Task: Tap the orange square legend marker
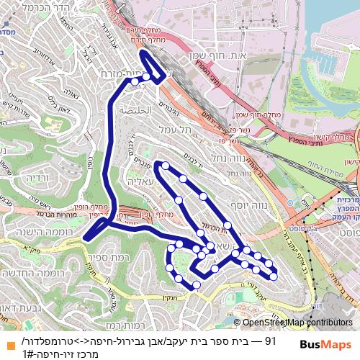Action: (7, 341)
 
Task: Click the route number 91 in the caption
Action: (270, 341)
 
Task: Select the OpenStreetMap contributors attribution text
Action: (297, 323)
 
